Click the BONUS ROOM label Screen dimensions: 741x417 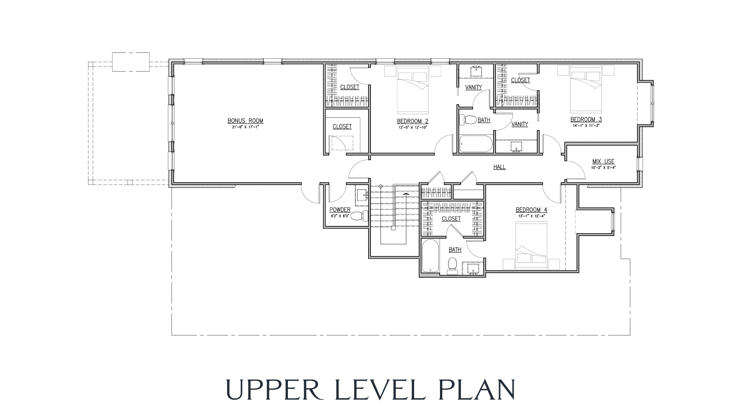pos(245,121)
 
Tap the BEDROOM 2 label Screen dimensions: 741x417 pos(413,121)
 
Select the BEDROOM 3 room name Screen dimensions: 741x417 pos(586,119)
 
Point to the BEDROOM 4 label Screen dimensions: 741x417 pos(531,210)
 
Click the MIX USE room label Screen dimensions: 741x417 pos(603,161)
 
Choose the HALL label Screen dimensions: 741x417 pos(499,167)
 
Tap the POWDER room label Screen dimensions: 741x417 pos(340,210)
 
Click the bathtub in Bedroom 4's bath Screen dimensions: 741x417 pos(430,256)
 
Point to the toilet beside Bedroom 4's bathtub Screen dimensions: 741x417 pos(452,266)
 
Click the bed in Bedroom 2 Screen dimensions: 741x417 pos(413,88)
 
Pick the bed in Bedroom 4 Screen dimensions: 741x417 pos(531,246)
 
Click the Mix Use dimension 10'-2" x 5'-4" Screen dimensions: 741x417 pos(603,168)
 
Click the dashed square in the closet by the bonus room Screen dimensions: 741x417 pos(343,144)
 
